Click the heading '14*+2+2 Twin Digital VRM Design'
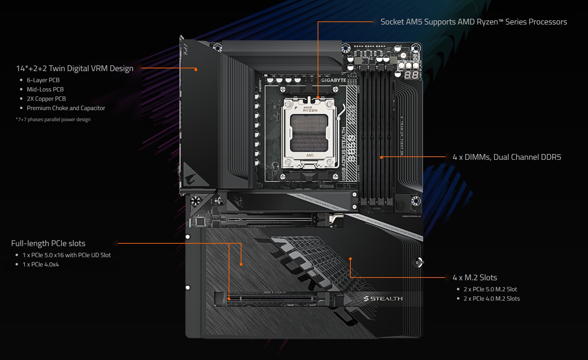[x=74, y=68]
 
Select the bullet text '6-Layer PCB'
[x=43, y=80]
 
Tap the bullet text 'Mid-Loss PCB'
[x=45, y=89]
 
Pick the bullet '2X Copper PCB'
[x=46, y=99]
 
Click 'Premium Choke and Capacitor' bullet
[x=66, y=108]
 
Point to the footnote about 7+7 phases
[x=53, y=119]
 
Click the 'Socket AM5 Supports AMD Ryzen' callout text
[x=474, y=22]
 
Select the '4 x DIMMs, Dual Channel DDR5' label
[x=507, y=157]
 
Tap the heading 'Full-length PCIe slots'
[x=48, y=243]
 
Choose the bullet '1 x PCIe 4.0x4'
[x=41, y=264]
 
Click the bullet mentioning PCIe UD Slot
[x=67, y=255]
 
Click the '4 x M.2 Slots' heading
[x=475, y=278]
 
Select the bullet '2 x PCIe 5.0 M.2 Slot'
[x=490, y=289]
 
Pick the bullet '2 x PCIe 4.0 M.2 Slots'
[x=491, y=299]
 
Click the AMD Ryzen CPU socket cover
[x=309, y=133]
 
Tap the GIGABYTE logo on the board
[x=333, y=80]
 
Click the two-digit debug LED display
[x=411, y=75]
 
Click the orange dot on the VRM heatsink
[x=196, y=70]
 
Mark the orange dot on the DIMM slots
[x=381, y=157]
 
